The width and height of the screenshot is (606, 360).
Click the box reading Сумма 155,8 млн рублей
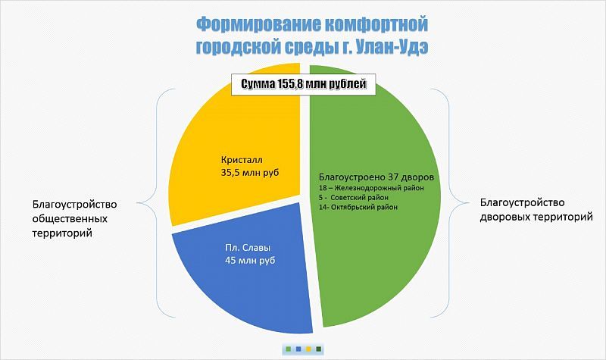coord(304,84)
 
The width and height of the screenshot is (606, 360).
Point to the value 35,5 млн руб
coord(250,173)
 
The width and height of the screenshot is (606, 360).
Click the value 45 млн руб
coord(250,260)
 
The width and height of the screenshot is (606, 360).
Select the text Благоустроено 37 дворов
coord(376,177)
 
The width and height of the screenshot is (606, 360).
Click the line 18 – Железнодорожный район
coord(371,188)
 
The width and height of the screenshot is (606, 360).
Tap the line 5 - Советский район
coord(354,198)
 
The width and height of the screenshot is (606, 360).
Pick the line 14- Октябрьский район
coord(358,207)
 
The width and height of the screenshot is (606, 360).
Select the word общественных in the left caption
coord(70,219)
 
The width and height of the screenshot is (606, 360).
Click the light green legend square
coord(288,349)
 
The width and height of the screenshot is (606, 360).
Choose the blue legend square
coord(298,349)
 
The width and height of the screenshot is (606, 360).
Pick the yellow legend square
coord(308,349)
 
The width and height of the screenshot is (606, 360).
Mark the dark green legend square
coord(319,349)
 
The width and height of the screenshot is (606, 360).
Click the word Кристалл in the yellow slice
coord(242,160)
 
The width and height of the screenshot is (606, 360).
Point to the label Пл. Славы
coord(248,248)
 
